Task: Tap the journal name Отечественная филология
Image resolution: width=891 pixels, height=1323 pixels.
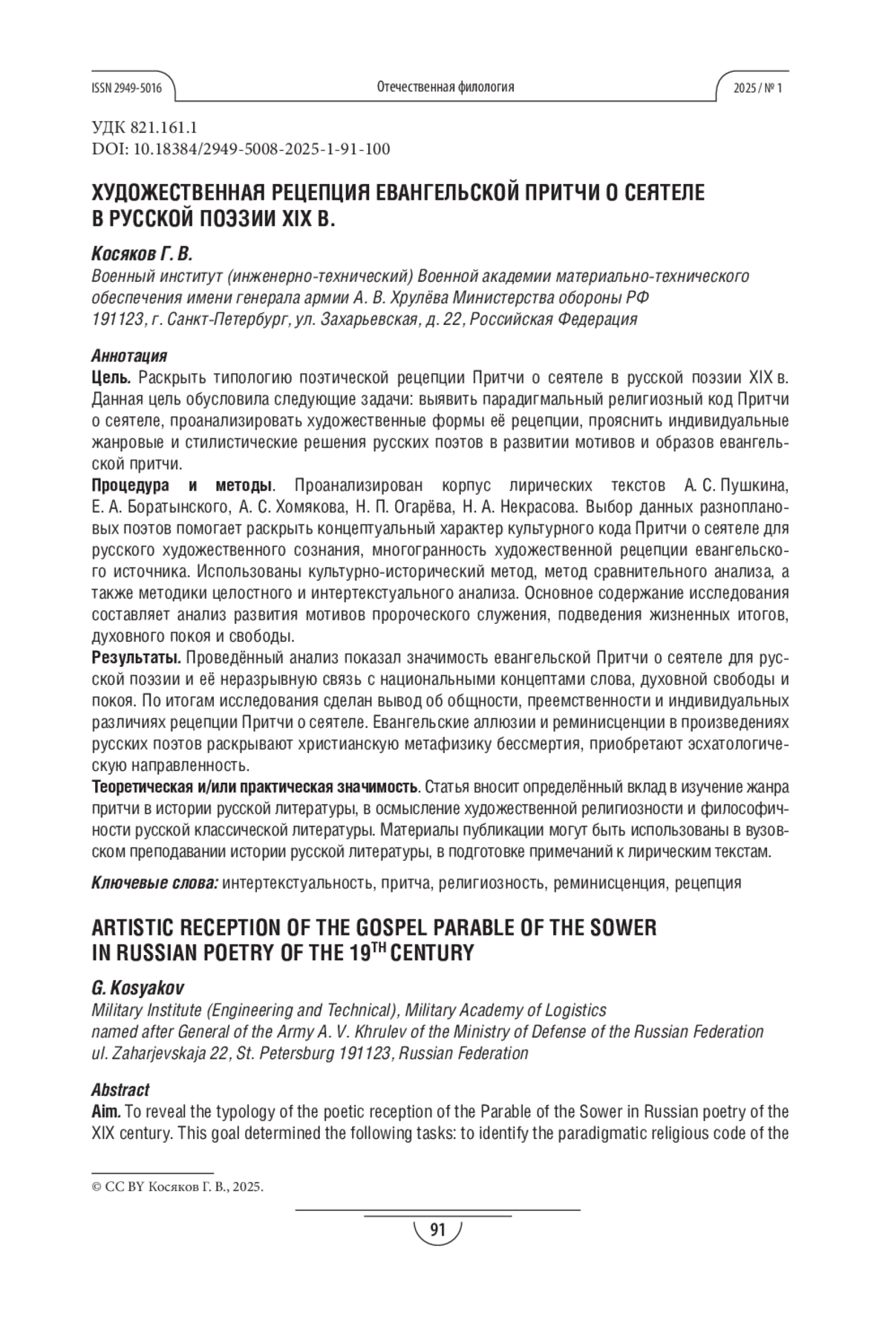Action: (446, 87)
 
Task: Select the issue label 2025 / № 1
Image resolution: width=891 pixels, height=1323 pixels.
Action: (757, 88)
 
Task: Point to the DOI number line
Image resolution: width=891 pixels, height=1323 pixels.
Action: (241, 149)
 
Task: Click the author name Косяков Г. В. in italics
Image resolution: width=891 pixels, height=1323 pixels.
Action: (142, 255)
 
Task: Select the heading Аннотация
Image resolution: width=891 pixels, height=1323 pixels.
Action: (129, 356)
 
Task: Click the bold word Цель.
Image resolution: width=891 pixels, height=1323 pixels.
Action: (112, 378)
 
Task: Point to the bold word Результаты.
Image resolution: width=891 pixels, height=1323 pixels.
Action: (137, 658)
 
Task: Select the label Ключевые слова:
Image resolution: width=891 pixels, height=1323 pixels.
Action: (154, 883)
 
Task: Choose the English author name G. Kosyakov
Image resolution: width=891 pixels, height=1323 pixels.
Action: (137, 989)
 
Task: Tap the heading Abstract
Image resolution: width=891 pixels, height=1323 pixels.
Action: (120, 1090)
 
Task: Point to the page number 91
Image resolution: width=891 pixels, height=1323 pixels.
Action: (437, 1231)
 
